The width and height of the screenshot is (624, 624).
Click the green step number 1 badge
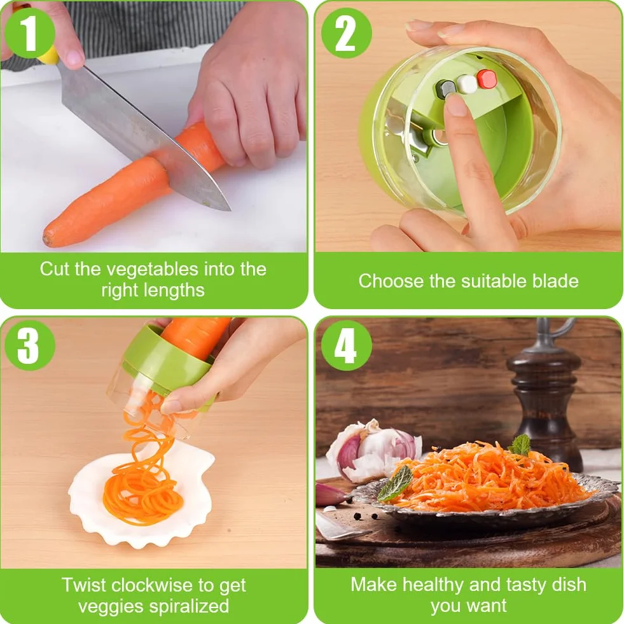point(29,32)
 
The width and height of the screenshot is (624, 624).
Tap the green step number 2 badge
point(346,32)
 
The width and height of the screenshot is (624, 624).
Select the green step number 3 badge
point(29,345)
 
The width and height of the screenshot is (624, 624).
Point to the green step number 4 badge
point(346,345)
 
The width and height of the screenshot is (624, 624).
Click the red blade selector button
point(487,78)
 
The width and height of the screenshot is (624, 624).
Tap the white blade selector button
point(466,83)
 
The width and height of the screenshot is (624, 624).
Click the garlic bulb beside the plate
point(372,449)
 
